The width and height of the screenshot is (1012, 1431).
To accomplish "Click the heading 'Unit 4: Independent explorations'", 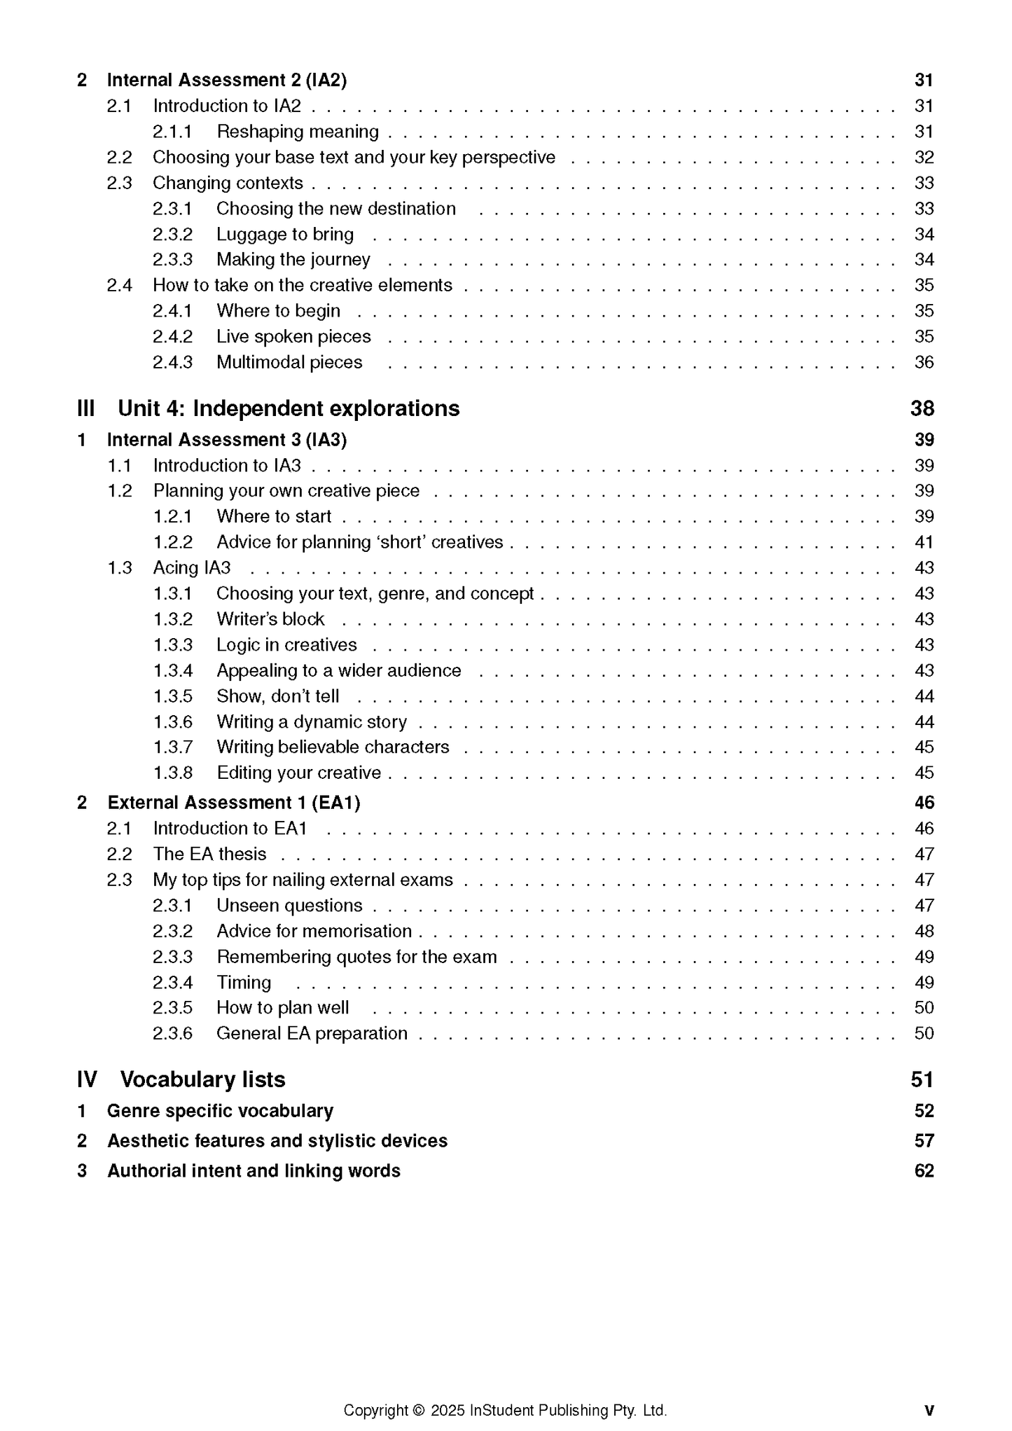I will click(289, 408).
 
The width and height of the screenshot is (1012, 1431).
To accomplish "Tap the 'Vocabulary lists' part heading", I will click(202, 1079).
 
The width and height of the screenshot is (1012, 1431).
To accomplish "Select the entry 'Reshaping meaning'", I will click(298, 132).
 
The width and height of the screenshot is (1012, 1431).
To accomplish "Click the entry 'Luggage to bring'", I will click(285, 234).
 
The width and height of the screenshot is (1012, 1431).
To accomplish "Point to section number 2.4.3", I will click(172, 362).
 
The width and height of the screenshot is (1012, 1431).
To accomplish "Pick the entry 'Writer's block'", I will click(270, 619).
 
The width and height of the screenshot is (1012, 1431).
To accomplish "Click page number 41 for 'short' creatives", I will click(924, 542).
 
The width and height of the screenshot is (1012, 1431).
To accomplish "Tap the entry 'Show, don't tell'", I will click(278, 696).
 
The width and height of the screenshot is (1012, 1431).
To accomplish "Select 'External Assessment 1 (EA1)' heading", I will click(234, 803).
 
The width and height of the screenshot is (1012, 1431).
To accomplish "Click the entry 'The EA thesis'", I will click(210, 854).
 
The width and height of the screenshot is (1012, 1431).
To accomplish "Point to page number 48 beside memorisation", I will click(924, 931).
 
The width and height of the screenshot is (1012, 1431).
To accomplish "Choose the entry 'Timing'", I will click(244, 983).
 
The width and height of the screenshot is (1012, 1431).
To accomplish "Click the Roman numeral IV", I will click(87, 1079).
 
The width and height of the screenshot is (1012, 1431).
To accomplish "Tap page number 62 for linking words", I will click(924, 1171).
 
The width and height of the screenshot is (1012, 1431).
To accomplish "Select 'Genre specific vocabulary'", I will click(220, 1111).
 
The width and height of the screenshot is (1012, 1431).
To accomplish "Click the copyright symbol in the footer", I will click(419, 1411).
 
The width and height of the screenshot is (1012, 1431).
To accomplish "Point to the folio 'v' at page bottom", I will click(929, 1411).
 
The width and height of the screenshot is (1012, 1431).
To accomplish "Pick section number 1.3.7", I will click(172, 747).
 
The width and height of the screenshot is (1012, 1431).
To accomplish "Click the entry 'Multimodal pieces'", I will click(289, 362).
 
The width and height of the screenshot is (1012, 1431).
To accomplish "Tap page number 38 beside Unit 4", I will click(922, 408).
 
